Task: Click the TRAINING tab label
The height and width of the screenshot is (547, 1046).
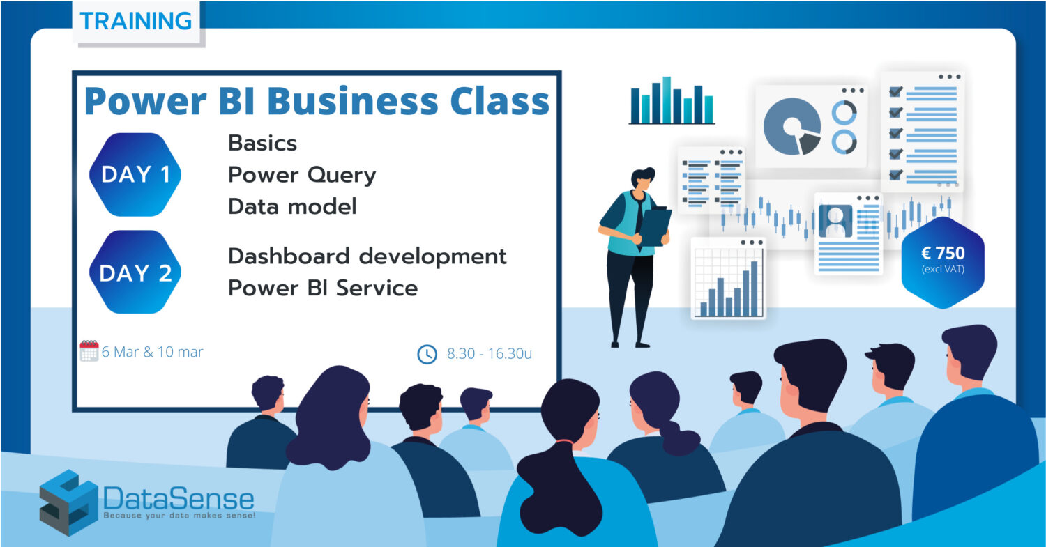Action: click(136, 21)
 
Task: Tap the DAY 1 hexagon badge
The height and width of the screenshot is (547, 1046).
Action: click(135, 175)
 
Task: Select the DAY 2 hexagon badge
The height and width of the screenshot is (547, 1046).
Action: click(135, 272)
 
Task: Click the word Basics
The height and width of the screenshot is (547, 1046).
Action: click(262, 144)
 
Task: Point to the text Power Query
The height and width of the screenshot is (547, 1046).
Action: click(302, 176)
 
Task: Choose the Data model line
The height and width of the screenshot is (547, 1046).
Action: click(292, 206)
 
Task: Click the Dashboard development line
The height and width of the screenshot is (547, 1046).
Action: click(367, 256)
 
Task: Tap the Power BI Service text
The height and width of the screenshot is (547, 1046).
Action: click(323, 288)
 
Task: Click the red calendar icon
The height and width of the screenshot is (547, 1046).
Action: click(89, 351)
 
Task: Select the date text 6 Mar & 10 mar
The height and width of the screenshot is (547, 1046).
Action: click(152, 352)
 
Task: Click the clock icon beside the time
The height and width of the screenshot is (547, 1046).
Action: click(427, 354)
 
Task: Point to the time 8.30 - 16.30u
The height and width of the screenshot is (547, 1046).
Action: click(490, 354)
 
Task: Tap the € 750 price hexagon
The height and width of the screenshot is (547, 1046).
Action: click(943, 262)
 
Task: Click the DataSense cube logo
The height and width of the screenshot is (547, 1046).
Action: click(68, 502)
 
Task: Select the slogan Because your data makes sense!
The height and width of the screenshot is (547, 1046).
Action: click(179, 516)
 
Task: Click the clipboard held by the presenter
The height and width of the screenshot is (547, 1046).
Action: click(655, 227)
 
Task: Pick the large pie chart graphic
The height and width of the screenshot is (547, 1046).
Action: click(792, 127)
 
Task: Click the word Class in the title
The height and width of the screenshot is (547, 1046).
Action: click(500, 101)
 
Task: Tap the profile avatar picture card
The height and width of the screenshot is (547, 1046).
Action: click(848, 234)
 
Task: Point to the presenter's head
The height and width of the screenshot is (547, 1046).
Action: click(642, 178)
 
